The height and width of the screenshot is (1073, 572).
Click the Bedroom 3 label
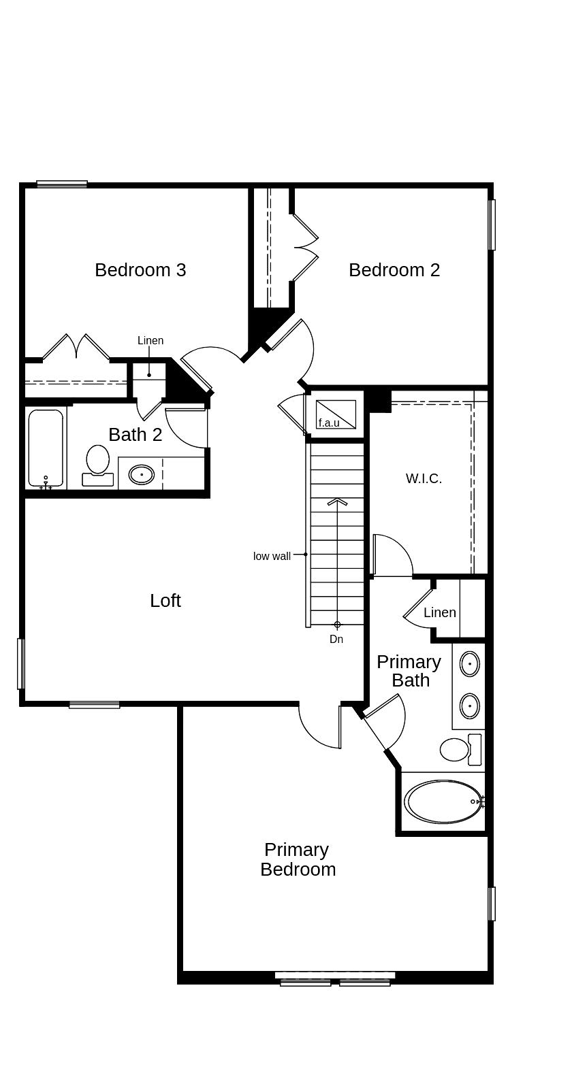(140, 270)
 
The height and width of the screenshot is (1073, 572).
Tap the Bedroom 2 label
(394, 270)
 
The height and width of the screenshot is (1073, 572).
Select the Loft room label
(165, 601)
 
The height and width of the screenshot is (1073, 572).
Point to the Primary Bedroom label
(298, 860)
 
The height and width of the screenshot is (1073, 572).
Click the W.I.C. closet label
(424, 478)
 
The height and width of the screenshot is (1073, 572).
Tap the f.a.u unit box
(336, 414)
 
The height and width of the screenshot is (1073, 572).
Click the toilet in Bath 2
(98, 465)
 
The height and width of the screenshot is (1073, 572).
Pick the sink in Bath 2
(142, 475)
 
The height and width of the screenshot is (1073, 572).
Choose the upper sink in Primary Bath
(469, 664)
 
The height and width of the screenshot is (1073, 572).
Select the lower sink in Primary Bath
(469, 706)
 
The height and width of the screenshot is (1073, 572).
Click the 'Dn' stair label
(336, 639)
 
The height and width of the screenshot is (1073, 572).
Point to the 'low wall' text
(272, 556)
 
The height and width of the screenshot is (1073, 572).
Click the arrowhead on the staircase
(337, 501)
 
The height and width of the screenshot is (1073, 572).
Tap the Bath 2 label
(136, 435)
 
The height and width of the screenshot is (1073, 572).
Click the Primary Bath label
(409, 671)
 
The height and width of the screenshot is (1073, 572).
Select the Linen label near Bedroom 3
(150, 341)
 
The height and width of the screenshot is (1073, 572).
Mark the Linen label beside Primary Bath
(440, 612)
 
